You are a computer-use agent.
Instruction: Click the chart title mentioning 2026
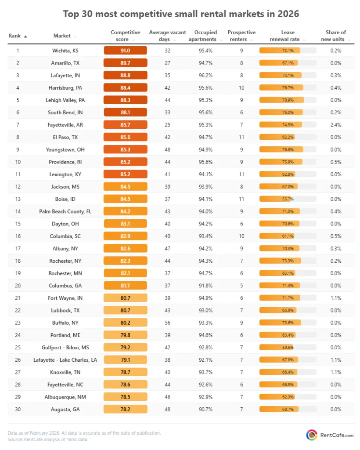click(x=181, y=14)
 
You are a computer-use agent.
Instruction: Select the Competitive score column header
click(x=125, y=36)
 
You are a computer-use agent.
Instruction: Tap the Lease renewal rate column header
click(x=288, y=36)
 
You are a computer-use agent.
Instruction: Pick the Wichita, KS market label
click(x=65, y=51)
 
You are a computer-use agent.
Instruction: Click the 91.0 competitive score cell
click(x=125, y=51)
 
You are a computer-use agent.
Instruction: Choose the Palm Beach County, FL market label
click(x=65, y=211)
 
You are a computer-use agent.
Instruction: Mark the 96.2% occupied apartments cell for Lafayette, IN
click(x=206, y=75)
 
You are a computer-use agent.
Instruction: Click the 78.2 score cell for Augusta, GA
click(x=125, y=409)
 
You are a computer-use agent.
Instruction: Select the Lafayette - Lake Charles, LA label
click(x=65, y=359)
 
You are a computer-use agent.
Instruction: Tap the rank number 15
click(x=18, y=224)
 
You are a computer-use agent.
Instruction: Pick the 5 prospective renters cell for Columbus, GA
click(x=241, y=286)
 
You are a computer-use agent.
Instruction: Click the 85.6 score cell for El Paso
click(x=125, y=137)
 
